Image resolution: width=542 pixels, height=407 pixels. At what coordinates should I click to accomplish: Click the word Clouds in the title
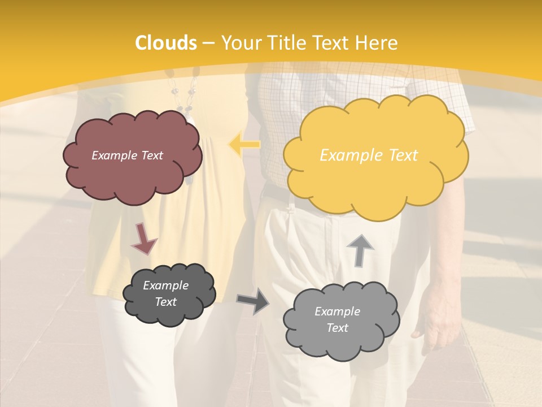coord(167,43)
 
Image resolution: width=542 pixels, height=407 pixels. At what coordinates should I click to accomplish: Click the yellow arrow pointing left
coord(244,144)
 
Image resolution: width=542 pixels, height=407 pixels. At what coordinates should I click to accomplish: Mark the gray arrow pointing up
coord(360,250)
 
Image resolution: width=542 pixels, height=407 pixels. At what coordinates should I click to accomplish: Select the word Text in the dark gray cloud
coord(165,302)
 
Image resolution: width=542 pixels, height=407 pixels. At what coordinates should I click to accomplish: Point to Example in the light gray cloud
coord(337,311)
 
